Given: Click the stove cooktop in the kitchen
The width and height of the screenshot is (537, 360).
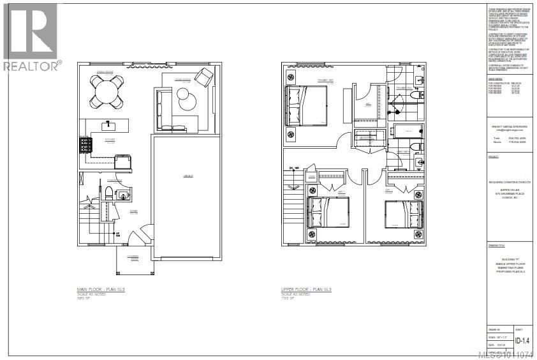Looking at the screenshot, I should click(85, 146).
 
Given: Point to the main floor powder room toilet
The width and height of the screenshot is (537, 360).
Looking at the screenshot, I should click(109, 193).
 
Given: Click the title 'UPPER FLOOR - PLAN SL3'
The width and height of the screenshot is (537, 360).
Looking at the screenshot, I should click(307, 289).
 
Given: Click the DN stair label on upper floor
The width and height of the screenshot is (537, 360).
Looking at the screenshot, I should click(294, 168).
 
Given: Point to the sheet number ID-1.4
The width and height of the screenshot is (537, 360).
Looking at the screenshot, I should click(522, 341).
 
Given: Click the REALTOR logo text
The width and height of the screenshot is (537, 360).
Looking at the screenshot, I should click(32, 64).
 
